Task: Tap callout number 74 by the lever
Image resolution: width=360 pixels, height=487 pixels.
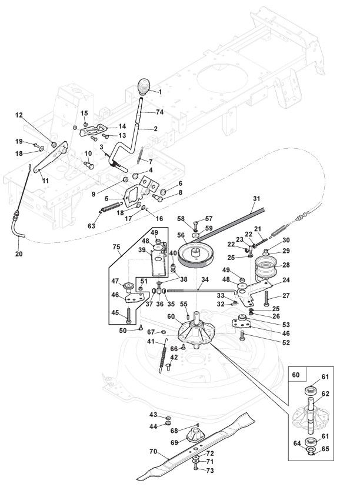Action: (x=159, y=111)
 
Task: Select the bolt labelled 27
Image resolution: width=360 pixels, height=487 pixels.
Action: (x=266, y=296)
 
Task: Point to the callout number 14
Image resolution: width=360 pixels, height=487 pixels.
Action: (x=122, y=125)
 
